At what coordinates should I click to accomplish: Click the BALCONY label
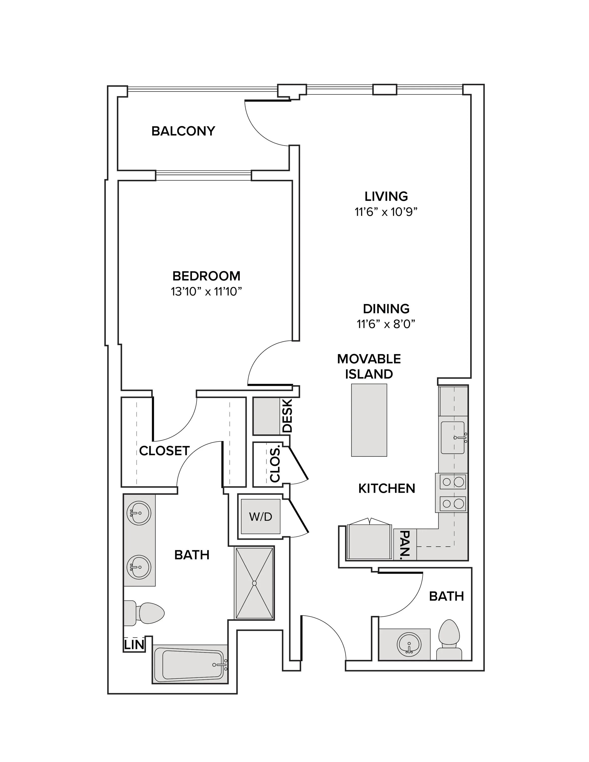point(183,131)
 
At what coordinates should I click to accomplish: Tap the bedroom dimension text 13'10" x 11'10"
point(206,291)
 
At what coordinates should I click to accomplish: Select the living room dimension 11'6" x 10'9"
point(386,212)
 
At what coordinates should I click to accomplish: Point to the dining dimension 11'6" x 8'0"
point(386,324)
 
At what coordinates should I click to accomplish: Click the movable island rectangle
point(369,420)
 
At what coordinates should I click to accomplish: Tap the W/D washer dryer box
point(261,516)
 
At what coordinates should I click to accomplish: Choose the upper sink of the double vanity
point(139,513)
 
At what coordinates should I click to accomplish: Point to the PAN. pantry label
point(405,545)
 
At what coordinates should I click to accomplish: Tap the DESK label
point(287,416)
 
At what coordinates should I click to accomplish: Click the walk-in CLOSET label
point(164,451)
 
